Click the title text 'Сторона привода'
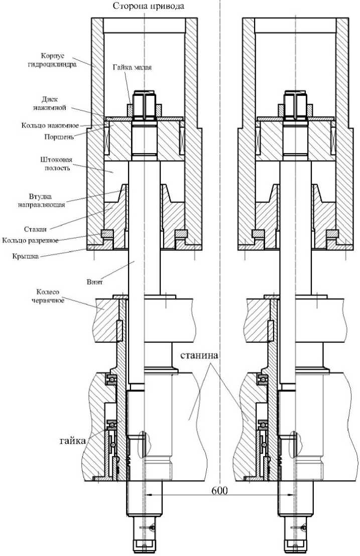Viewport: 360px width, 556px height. [149, 6]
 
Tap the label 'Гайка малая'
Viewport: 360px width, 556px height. [132, 67]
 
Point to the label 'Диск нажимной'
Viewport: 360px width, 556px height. [50, 103]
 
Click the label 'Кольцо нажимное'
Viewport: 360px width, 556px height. [50, 125]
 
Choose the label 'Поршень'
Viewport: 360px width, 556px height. [59, 136]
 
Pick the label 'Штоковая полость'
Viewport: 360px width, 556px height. [57, 164]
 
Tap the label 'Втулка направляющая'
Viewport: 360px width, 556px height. [42, 200]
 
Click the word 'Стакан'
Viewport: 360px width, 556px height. [35, 229]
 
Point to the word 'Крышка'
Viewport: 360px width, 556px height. [25, 256]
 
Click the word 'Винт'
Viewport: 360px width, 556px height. [95, 282]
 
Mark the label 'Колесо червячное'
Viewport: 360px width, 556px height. [50, 296]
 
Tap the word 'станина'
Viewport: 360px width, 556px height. [199, 355]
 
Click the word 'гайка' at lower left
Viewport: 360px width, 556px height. [73, 441]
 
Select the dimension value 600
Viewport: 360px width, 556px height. [220, 490]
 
